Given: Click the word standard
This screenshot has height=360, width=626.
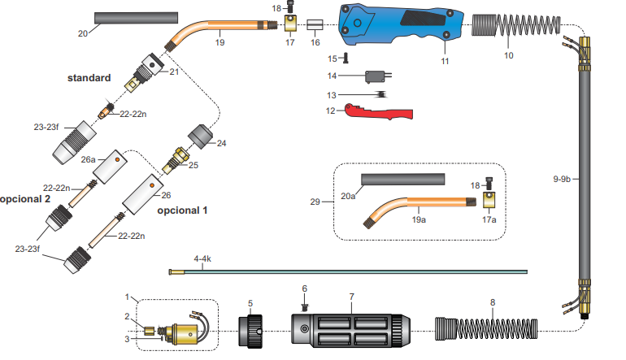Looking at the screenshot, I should click(89, 78).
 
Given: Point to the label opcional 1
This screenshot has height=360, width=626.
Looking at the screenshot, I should click(182, 210).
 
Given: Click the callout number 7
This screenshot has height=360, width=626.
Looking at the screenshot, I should click(350, 298).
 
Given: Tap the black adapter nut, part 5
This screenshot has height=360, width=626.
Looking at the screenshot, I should click(251, 330).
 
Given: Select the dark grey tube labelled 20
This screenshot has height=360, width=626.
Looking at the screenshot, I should click(136, 17).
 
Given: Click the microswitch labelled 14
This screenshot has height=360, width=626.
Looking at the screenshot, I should click(376, 77).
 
